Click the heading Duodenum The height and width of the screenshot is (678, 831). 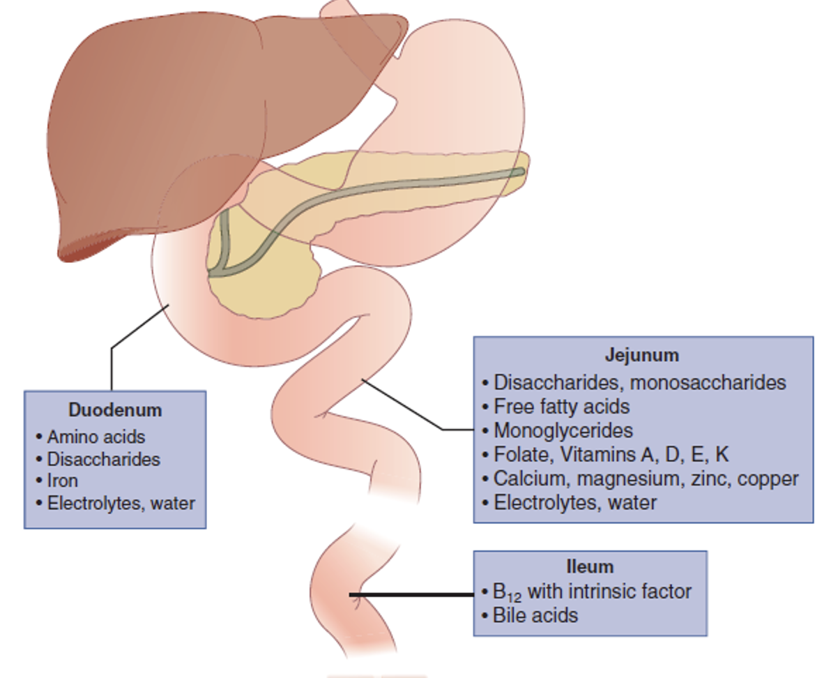coord(115,410)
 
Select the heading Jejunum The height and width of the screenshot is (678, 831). coord(641,355)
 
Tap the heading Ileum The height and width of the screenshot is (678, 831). coord(590,566)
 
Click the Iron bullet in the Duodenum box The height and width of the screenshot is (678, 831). coord(62,481)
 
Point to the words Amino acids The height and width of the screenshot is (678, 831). coord(96,437)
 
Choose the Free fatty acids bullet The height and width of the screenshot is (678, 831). coord(561,407)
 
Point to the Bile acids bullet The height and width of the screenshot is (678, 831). coord(535,615)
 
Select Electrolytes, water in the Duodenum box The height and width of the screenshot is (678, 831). coord(121,503)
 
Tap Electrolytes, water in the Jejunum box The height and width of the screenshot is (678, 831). coord(574,502)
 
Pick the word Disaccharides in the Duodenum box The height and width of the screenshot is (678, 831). coord(103,459)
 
